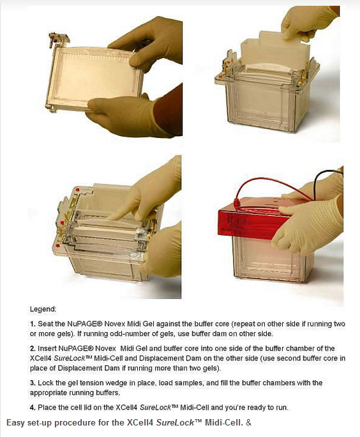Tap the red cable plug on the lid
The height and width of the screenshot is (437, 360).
point(234,203)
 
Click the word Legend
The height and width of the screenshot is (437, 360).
point(43,309)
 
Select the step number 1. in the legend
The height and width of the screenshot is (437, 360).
point(33,324)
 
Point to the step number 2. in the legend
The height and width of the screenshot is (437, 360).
point(33,348)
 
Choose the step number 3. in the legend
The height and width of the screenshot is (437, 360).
point(33,383)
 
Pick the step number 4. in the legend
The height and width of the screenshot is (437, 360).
point(33,408)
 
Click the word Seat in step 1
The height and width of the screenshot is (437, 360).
point(43,324)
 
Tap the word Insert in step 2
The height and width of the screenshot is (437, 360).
point(47,348)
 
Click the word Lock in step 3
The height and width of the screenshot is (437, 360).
point(44,383)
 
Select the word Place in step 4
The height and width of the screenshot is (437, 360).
point(45,408)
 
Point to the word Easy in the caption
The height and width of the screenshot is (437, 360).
point(16,423)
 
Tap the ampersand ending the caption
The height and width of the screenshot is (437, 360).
point(249,422)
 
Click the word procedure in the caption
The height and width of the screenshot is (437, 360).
point(83,423)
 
